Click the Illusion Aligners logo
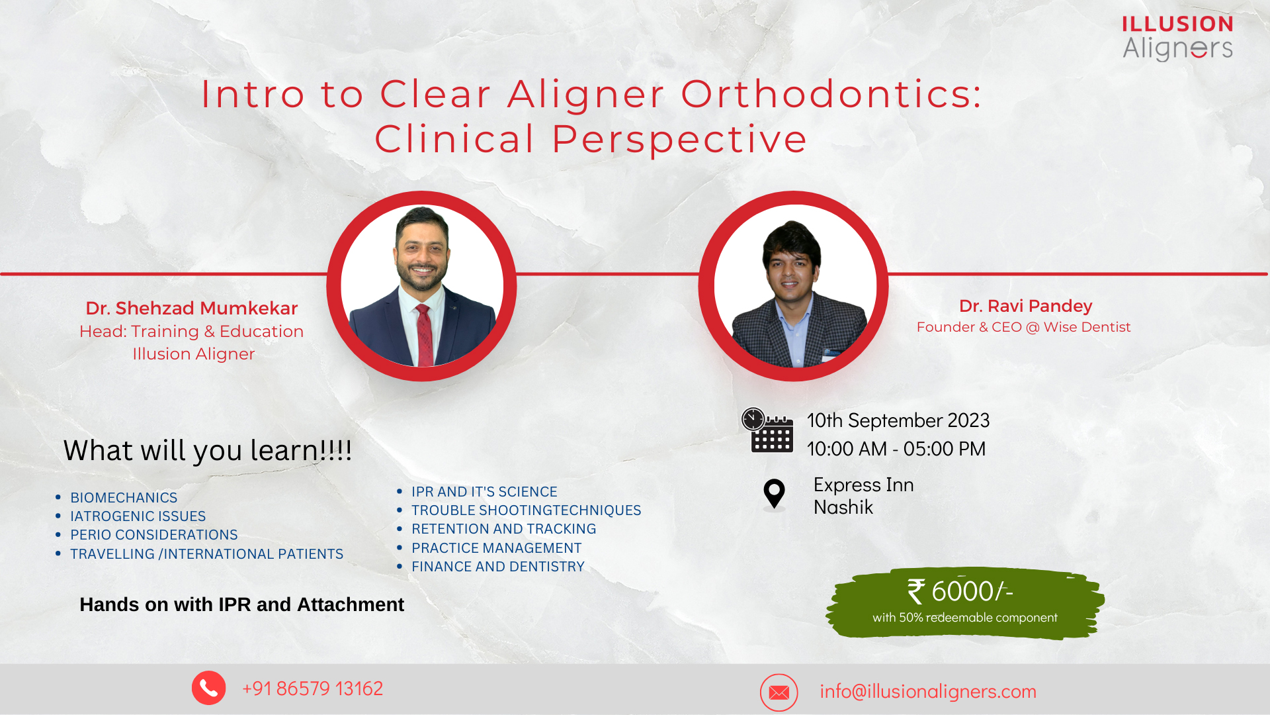point(1177,38)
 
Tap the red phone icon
point(209,688)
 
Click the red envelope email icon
point(779,692)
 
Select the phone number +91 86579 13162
point(313,689)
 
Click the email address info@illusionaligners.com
point(928,691)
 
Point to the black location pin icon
point(774,494)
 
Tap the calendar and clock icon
point(767,430)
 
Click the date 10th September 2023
point(898,420)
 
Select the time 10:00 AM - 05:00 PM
point(896,449)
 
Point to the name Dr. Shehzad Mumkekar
point(192,309)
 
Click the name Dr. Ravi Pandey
point(1026,306)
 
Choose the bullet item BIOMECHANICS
point(124,498)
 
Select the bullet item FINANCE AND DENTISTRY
point(498,567)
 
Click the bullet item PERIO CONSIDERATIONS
point(154,535)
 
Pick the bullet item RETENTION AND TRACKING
point(504,529)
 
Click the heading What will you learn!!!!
point(208,451)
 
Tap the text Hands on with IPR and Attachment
point(242,604)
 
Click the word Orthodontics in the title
point(831,94)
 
